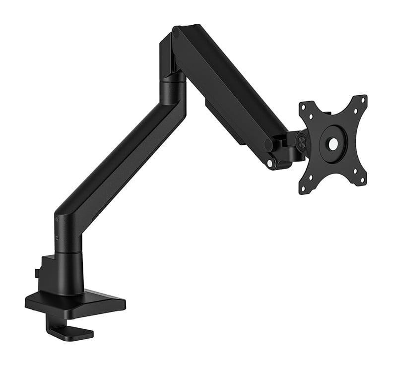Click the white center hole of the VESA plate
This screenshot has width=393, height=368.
(333, 143)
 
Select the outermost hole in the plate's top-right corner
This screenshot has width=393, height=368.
(363, 99)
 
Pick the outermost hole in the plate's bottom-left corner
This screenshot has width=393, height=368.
(303, 189)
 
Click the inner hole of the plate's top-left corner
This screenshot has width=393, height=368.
(311, 117)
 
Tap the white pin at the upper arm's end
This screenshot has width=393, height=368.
(269, 163)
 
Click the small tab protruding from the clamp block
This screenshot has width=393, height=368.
(37, 272)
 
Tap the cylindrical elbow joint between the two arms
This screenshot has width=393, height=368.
(172, 87)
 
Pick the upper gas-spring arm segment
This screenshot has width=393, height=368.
(228, 89)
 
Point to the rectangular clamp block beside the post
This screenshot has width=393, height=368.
(50, 270)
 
